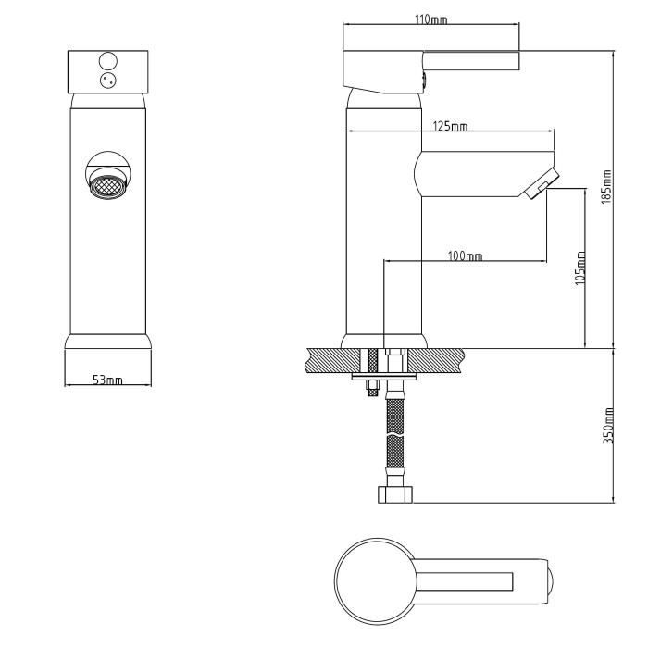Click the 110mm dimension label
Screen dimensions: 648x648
(x=430, y=19)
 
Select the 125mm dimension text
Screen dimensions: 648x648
(x=450, y=126)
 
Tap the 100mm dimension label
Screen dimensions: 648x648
(x=465, y=255)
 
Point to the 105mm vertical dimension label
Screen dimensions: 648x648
(x=580, y=268)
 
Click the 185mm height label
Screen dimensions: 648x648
(x=605, y=186)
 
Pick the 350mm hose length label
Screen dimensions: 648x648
(x=608, y=426)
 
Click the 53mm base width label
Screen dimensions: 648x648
(x=107, y=380)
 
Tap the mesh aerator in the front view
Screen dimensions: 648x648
(x=108, y=186)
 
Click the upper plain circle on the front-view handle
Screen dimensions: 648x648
(x=108, y=61)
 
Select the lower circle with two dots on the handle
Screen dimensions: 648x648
(x=108, y=81)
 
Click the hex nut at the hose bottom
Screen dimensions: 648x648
(x=395, y=494)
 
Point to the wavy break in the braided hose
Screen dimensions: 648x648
(x=394, y=436)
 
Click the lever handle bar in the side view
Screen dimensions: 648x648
(x=470, y=60)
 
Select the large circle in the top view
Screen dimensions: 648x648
(x=375, y=580)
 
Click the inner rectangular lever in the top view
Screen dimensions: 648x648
(x=464, y=581)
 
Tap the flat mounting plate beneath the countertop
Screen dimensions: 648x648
(x=384, y=378)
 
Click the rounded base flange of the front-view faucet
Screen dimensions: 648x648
(x=108, y=342)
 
